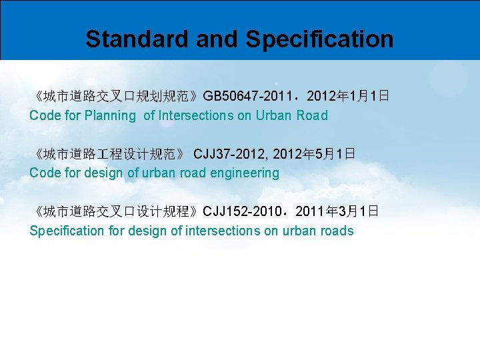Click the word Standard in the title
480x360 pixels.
pyautogui.click(x=137, y=39)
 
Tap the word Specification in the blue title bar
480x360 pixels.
pyautogui.click(x=319, y=39)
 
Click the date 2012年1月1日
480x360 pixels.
pyautogui.click(x=348, y=96)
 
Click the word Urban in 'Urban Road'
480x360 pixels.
pyautogui.click(x=273, y=115)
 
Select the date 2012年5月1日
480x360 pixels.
pyautogui.click(x=314, y=154)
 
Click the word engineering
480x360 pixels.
pyautogui.click(x=246, y=173)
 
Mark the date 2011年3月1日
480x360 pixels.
pyautogui.click(x=337, y=212)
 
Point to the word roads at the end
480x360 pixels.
pyautogui.click(x=337, y=231)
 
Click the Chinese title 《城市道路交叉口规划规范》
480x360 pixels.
pyautogui.click(x=115, y=96)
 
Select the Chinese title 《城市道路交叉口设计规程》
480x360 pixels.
pyautogui.click(x=115, y=212)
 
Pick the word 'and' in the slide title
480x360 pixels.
pyautogui.click(x=217, y=39)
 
